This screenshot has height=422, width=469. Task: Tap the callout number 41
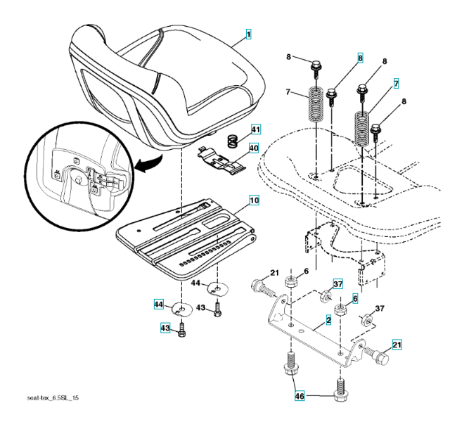pos(256,129)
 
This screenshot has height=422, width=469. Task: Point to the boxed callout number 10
pos(253,200)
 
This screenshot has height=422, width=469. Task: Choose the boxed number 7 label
pos(396,83)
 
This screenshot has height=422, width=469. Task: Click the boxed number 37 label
pos(338,283)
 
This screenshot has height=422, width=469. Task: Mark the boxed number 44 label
pos(160,304)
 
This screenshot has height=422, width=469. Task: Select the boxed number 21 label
pos(397,345)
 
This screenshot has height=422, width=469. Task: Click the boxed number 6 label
pos(355,299)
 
